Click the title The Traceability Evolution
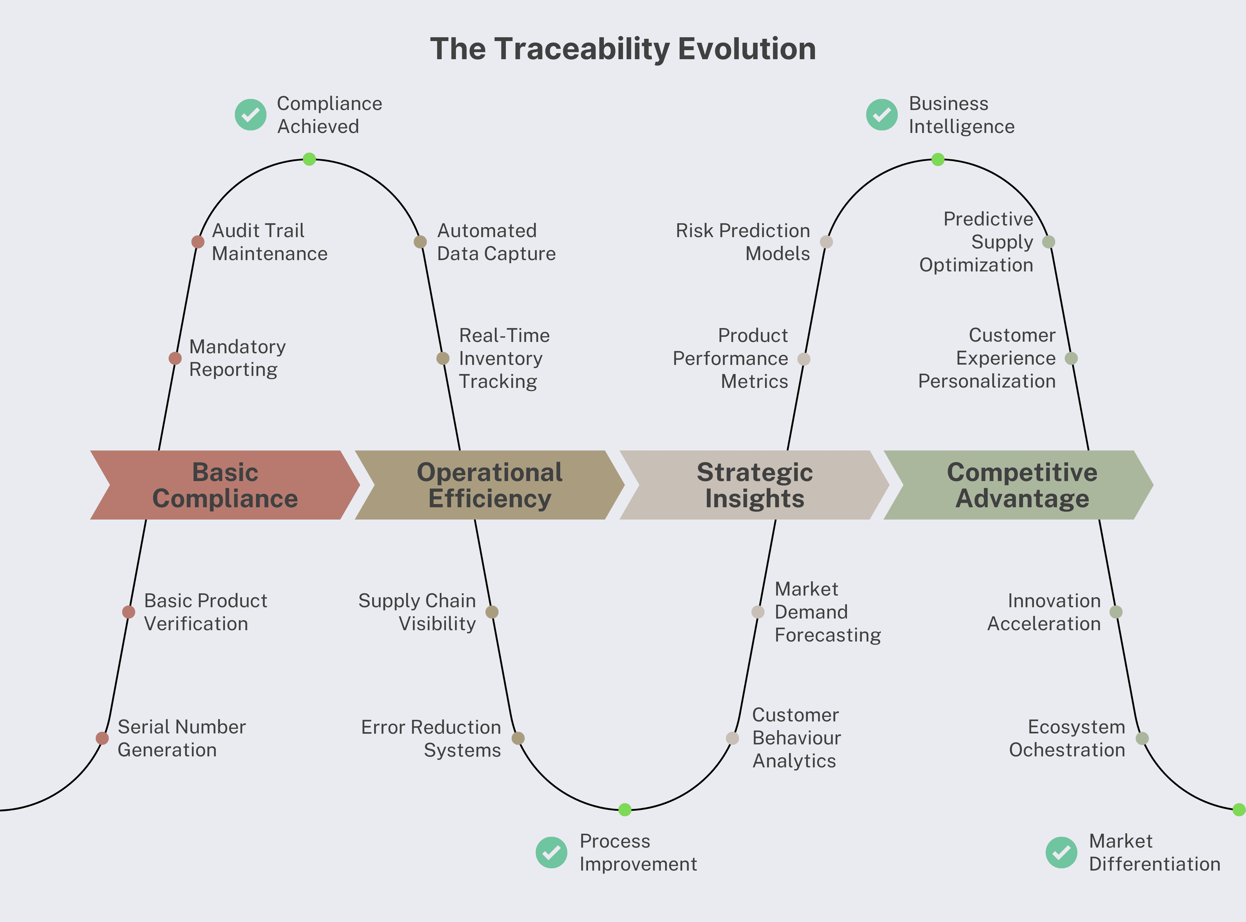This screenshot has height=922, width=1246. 622,49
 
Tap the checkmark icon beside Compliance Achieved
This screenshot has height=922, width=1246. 250,115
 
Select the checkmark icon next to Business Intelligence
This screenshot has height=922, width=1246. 882,115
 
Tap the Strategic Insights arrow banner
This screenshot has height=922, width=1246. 754,485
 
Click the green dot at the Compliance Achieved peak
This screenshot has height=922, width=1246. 309,159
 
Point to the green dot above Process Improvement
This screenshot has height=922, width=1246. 625,810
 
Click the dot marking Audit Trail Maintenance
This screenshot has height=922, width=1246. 198,242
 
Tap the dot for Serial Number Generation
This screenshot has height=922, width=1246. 102,738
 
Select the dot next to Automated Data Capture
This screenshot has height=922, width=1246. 420,242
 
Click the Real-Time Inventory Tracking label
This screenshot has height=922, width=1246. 504,358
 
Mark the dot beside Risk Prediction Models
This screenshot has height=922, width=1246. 826,242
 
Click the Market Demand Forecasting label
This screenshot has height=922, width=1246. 827,612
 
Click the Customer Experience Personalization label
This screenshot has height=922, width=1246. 987,358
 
